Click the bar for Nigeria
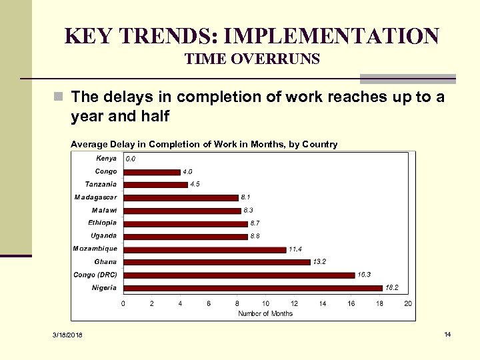pos(253,288)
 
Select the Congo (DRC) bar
pos(239,275)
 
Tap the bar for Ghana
pos(217,262)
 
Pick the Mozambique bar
pos(205,249)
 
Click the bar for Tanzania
pos(155,185)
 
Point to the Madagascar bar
pos(181,197)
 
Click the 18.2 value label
pos(393,287)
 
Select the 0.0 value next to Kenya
pos(131,159)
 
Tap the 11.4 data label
pos(295,249)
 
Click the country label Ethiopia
pos(102,223)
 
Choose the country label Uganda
pos(103,235)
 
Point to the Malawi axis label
pos(104,210)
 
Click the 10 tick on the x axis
pos(265,304)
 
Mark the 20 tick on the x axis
pos(409,304)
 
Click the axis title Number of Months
pos(265,313)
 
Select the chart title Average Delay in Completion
pos(204,144)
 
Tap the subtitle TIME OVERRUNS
pos(252,60)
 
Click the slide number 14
pos(447,333)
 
